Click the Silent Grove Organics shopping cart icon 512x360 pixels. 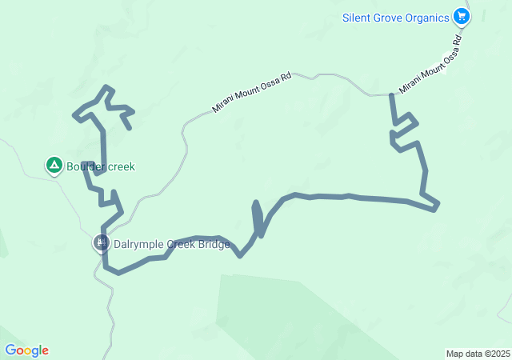pyautogui.click(x=461, y=15)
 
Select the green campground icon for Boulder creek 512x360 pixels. pyautogui.click(x=54, y=166)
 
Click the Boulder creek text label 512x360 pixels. pyautogui.click(x=101, y=166)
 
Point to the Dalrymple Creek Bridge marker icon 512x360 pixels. pyautogui.click(x=101, y=242)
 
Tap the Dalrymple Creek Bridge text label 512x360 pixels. pyautogui.click(x=171, y=244)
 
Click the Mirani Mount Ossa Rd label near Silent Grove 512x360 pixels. pyautogui.click(x=431, y=64)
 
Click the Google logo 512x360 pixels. pyautogui.click(x=26, y=350)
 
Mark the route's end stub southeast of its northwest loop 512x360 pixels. pyautogui.click(x=129, y=126)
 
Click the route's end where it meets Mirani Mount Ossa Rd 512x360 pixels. pyautogui.click(x=391, y=95)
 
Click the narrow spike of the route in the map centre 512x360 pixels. pyautogui.click(x=256, y=205)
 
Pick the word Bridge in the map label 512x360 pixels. pyautogui.click(x=214, y=244)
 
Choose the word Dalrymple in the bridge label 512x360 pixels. pyautogui.click(x=138, y=244)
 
